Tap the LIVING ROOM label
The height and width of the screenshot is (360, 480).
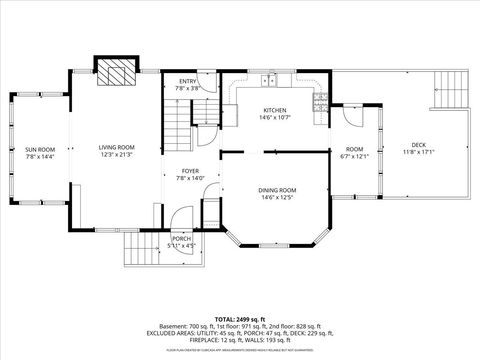116,147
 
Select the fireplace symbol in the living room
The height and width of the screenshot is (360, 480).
115,72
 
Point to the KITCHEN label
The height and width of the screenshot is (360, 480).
275,110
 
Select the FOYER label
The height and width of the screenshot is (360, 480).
189,171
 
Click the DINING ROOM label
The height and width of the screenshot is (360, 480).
275,190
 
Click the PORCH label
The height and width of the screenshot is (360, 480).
181,238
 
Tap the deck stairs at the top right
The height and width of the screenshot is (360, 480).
451,92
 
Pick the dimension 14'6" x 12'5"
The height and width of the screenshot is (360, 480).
275,197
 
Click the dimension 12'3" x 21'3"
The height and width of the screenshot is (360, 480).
116,154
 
